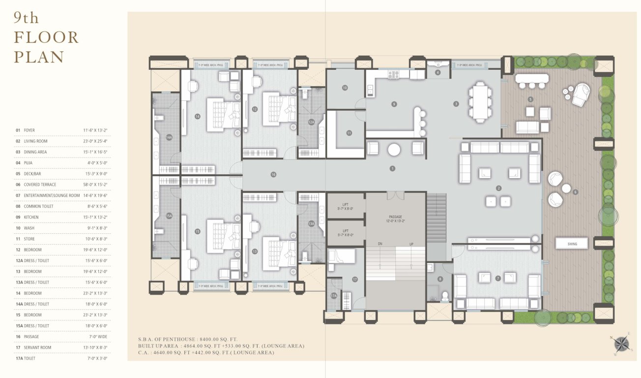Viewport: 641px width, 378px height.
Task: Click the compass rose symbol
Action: (621, 343)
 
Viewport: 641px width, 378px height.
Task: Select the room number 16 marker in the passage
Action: (273, 174)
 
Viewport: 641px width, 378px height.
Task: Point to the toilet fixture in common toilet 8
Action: (445, 296)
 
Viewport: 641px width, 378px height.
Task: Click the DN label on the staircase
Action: (380, 244)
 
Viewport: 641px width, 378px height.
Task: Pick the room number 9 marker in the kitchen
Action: (394, 104)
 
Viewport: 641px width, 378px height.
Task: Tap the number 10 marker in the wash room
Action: (345, 88)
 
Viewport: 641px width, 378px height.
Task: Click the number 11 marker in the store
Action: (349, 133)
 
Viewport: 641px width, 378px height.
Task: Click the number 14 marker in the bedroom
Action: (197, 117)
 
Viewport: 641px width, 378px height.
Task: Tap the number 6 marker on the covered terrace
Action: (575, 192)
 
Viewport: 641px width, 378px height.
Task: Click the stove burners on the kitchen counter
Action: (394, 75)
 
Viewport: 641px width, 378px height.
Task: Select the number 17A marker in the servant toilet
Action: (334, 296)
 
